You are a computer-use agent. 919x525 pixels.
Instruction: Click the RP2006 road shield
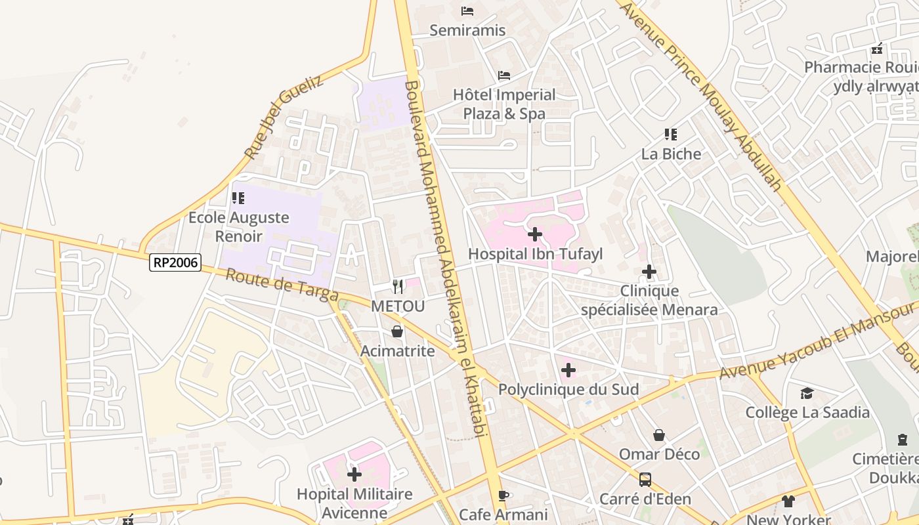click(x=175, y=262)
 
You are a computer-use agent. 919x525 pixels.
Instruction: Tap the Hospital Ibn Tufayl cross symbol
click(x=535, y=234)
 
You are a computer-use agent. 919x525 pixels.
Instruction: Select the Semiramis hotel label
click(x=467, y=30)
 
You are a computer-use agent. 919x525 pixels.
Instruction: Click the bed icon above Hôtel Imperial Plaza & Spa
click(x=504, y=75)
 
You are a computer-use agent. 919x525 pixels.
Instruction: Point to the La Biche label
click(x=671, y=154)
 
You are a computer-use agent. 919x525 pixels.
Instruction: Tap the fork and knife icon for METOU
click(x=397, y=286)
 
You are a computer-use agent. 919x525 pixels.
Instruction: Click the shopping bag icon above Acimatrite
click(x=397, y=331)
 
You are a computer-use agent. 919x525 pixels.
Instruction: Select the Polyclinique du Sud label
click(x=568, y=389)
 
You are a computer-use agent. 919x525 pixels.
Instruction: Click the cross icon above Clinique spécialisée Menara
click(x=649, y=271)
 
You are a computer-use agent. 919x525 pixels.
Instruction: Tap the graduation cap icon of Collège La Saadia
click(x=807, y=393)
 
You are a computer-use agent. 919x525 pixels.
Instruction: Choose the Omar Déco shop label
click(x=659, y=454)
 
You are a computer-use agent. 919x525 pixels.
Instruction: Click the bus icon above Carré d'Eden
click(x=645, y=479)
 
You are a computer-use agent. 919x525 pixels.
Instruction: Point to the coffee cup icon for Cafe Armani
click(x=503, y=495)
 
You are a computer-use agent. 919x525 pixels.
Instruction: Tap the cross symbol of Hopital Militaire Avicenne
click(x=354, y=474)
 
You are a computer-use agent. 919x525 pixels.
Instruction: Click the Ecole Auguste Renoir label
click(x=239, y=226)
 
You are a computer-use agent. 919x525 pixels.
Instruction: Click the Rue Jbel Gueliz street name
click(x=284, y=117)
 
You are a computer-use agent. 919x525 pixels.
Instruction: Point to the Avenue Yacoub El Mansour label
click(x=817, y=341)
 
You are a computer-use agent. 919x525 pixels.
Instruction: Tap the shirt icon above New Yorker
click(x=788, y=501)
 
